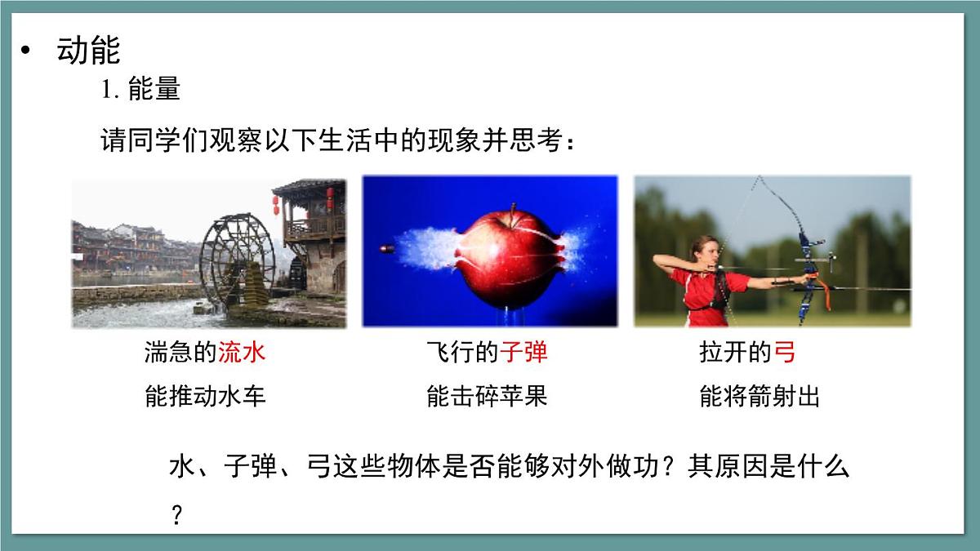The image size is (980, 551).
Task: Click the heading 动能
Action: coord(88,51)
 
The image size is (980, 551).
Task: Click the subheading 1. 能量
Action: coord(140,89)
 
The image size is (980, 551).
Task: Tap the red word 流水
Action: coord(242,353)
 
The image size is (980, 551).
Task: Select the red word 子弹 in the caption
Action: coord(523,353)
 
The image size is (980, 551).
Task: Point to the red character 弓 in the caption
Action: coord(784,353)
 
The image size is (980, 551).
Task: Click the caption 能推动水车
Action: coord(205,397)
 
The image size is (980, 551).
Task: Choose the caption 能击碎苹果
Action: coord(487,397)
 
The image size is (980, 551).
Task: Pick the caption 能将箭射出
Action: coord(759,397)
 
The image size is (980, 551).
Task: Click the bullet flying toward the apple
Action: coord(387,248)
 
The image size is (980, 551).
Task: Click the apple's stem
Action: coord(512,211)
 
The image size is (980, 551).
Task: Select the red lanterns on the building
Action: coord(276,204)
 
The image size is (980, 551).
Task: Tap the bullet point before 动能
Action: coord(26,51)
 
